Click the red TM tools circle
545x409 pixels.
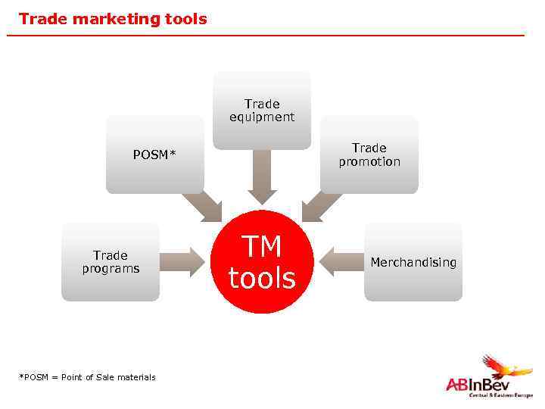pos(262,262)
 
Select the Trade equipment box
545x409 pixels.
pos(262,111)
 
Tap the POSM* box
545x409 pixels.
pos(154,155)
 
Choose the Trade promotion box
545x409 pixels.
pos(369,155)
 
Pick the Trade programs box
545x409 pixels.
pos(111,262)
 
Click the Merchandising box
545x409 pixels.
pos(413,262)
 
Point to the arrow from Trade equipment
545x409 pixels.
pos(262,176)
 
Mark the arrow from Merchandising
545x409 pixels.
pos(341,262)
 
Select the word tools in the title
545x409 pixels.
pos(183,19)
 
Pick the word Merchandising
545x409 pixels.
pos(413,262)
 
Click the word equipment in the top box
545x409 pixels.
pos(262,117)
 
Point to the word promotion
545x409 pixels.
pos(369,161)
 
